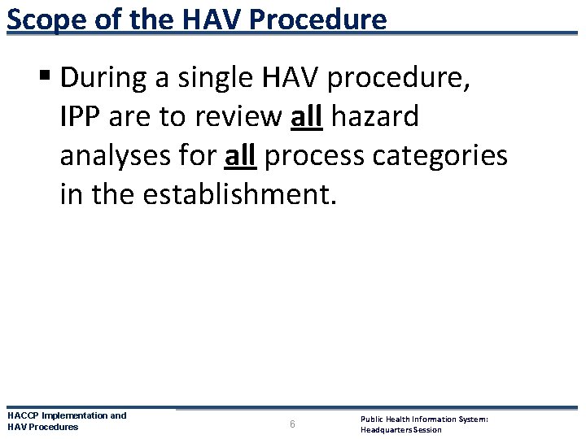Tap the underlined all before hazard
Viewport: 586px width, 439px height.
tap(307, 117)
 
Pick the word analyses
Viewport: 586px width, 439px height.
tap(111, 156)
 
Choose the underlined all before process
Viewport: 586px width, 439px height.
tap(240, 156)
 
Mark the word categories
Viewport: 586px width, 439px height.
tap(440, 156)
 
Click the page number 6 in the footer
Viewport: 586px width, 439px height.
tap(293, 424)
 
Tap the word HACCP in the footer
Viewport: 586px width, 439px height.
tap(22, 415)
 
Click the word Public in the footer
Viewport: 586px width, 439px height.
tap(373, 419)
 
